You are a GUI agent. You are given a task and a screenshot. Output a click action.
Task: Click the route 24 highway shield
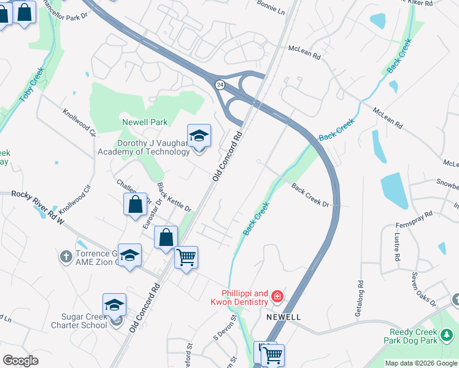click(x=219, y=85)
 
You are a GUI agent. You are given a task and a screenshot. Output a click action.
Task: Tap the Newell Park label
click(x=145, y=122)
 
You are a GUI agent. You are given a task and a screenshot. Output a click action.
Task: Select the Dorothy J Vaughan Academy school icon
click(x=199, y=136)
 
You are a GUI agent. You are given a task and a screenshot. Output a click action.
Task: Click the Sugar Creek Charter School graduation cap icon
click(x=115, y=305)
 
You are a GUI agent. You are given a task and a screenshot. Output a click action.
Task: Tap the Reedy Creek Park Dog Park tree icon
click(x=447, y=334)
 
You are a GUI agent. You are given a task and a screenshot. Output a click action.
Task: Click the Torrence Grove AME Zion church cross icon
click(x=67, y=256)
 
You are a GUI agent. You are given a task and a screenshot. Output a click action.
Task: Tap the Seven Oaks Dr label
click(x=423, y=289)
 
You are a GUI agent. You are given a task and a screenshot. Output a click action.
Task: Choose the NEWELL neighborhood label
click(x=283, y=317)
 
